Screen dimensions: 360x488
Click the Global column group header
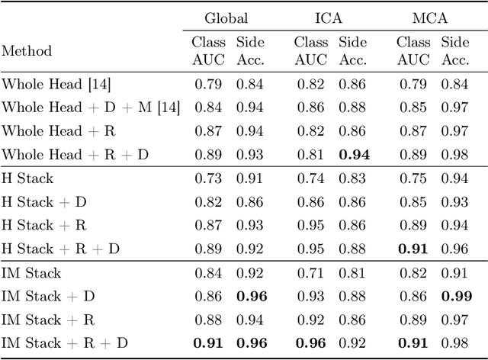[226, 18]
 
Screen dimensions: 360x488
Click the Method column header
[27, 51]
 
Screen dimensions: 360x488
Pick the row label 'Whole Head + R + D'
[75, 155]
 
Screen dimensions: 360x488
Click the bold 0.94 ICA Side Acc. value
[352, 155]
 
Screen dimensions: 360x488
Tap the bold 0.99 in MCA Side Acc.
[456, 296]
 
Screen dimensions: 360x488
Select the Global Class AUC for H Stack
[207, 178]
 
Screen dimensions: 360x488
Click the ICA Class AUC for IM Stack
[309, 272]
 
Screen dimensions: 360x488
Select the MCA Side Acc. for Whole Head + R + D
[456, 155]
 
